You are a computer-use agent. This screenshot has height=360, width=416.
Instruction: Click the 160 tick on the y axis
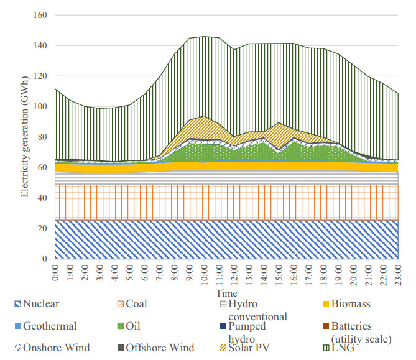pyautogui.click(x=41, y=15)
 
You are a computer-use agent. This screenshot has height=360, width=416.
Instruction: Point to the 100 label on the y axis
pyautogui.click(x=41, y=106)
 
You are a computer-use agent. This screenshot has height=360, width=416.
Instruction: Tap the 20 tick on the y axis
pyautogui.click(x=44, y=228)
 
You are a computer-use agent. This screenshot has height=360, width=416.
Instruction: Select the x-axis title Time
pyautogui.click(x=226, y=292)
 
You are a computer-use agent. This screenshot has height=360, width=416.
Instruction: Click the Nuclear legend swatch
pyautogui.click(x=17, y=304)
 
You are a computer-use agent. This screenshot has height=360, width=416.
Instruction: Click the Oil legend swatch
pyautogui.click(x=121, y=326)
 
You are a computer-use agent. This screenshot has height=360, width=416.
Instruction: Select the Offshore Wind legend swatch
pyautogui.click(x=121, y=348)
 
